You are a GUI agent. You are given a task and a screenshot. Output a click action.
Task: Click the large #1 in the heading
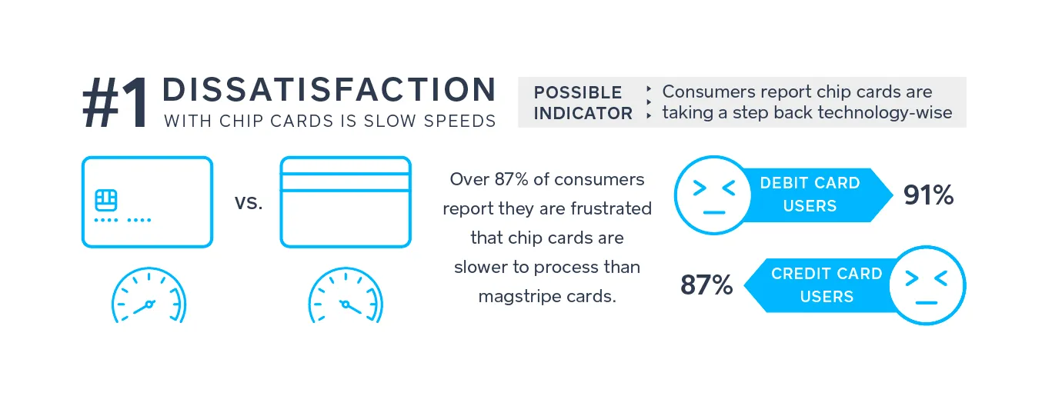116,103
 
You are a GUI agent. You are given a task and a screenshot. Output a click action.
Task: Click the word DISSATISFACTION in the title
329,89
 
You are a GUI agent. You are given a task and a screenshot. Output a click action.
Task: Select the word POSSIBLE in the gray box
578,92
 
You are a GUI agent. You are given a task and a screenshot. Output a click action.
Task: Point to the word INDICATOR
583,113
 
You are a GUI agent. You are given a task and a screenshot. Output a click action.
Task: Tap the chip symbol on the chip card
106,201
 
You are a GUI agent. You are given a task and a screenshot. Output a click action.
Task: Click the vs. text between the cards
249,203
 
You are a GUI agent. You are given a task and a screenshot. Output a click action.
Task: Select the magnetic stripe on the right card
346,181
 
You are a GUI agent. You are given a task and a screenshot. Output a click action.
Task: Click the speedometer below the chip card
149,295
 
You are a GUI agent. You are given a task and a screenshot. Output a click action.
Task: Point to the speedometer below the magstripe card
346,295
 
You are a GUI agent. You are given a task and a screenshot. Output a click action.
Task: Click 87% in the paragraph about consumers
511,179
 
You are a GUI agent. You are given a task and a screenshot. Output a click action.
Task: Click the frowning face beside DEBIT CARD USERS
713,195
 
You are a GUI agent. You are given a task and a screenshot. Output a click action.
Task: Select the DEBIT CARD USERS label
810,195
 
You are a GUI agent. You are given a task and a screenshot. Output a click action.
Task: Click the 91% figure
929,195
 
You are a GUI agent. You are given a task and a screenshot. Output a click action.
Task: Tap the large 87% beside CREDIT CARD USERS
706,285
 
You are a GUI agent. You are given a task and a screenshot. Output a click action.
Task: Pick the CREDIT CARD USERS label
827,285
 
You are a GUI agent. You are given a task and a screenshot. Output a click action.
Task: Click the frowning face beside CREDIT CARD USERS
927,285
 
